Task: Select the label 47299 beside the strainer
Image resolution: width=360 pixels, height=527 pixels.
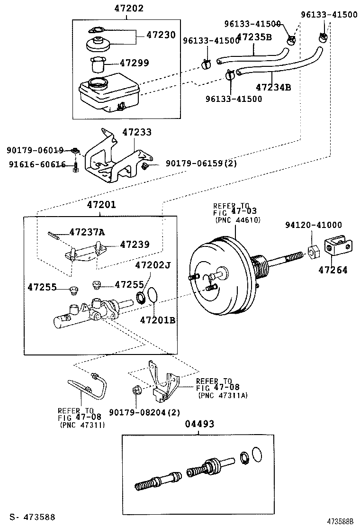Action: [134, 63]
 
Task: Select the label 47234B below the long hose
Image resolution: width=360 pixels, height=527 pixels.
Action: [273, 88]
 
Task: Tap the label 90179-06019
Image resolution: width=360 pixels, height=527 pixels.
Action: [36, 150]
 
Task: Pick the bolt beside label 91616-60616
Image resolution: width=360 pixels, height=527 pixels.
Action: [75, 167]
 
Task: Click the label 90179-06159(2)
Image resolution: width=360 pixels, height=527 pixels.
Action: [201, 164]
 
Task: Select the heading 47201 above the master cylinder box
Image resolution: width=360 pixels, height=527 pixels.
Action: [101, 205]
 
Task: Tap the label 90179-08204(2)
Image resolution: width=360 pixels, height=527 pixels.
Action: [144, 412]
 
